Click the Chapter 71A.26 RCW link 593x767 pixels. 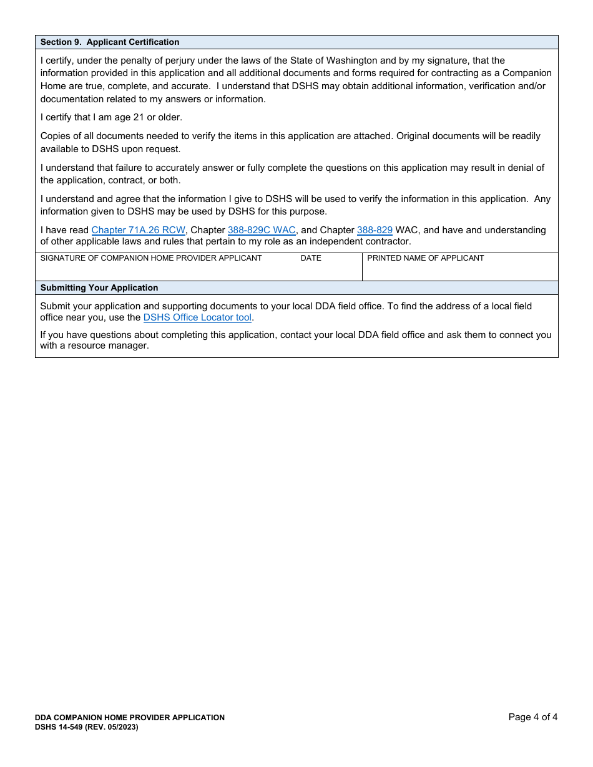pos(138,230)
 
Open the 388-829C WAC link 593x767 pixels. pos(262,230)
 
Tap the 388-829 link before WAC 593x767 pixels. pos(375,230)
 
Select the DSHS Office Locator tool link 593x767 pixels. pos(197,317)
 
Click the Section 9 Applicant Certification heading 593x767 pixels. pos(110,42)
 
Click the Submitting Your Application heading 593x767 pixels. pos(99,288)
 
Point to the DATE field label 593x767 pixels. pos(311,258)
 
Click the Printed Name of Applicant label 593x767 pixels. pos(425,258)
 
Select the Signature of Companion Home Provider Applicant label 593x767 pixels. pos(151,258)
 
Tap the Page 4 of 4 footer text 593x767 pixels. pos(532,717)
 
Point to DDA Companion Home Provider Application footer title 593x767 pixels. pos(130,718)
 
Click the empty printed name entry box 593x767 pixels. pos(459,271)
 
